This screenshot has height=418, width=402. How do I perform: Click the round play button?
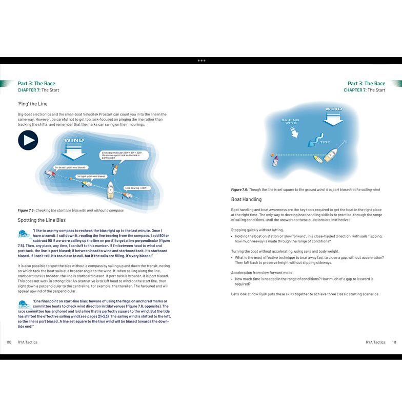(x=28, y=140)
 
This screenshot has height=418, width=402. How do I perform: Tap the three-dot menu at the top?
(x=201, y=61)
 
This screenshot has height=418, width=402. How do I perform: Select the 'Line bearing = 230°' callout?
(x=136, y=188)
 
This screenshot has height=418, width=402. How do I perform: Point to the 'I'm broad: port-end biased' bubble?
(x=70, y=167)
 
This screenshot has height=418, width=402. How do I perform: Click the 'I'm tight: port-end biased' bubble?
(x=91, y=176)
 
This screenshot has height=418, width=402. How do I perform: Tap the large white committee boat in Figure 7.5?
(x=110, y=192)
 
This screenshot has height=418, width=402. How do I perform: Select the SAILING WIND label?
(x=291, y=122)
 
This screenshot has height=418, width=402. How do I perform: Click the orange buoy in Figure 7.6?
(x=272, y=154)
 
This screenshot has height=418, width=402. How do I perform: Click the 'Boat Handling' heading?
(x=246, y=199)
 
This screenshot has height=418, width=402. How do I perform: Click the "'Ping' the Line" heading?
(x=32, y=104)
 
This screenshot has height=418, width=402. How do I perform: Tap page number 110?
(x=9, y=342)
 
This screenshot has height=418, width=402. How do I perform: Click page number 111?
(x=393, y=342)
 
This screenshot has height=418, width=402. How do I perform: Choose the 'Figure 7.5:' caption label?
(x=26, y=211)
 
